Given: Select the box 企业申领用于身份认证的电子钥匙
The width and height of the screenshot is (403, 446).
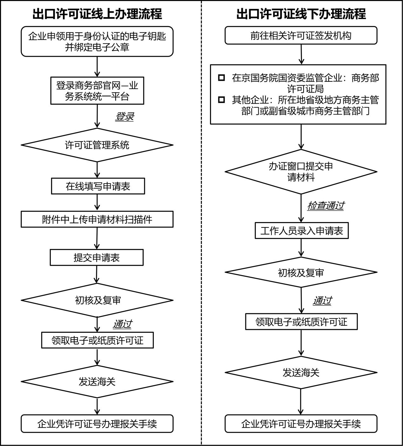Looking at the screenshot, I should point(97,42).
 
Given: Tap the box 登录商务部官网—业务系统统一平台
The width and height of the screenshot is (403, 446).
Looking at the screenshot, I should point(97,91).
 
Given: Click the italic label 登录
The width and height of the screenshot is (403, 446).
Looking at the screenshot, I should point(125,117).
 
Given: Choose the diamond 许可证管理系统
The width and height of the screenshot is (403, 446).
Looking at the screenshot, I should point(97,145).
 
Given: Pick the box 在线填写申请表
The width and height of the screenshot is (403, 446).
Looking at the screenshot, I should point(98,186).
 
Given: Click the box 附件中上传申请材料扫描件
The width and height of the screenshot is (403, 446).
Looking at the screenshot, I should point(97,219).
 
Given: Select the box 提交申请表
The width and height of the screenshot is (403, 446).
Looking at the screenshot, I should point(97,257).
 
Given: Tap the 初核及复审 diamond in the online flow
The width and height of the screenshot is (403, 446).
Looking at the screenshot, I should point(97,300).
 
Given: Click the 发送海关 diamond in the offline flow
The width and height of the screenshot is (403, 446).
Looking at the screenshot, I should point(301,372).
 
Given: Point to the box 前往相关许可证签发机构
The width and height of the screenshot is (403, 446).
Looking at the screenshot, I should point(301,36).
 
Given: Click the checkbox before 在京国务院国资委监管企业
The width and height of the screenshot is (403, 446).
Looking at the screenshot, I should point(222,78).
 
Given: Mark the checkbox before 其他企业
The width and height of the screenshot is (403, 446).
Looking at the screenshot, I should point(222,100).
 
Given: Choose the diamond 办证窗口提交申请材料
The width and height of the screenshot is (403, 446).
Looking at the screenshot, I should point(301,172).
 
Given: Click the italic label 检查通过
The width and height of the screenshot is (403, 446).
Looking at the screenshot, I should point(325,206).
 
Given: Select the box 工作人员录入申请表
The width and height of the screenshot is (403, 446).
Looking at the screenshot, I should point(302,231).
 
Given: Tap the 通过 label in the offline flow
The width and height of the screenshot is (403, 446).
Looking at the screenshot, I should point(322,301).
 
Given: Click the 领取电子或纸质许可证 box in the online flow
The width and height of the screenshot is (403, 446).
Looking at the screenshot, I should point(98,340).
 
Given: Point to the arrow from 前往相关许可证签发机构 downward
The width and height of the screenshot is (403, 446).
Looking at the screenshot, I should point(301,54).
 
